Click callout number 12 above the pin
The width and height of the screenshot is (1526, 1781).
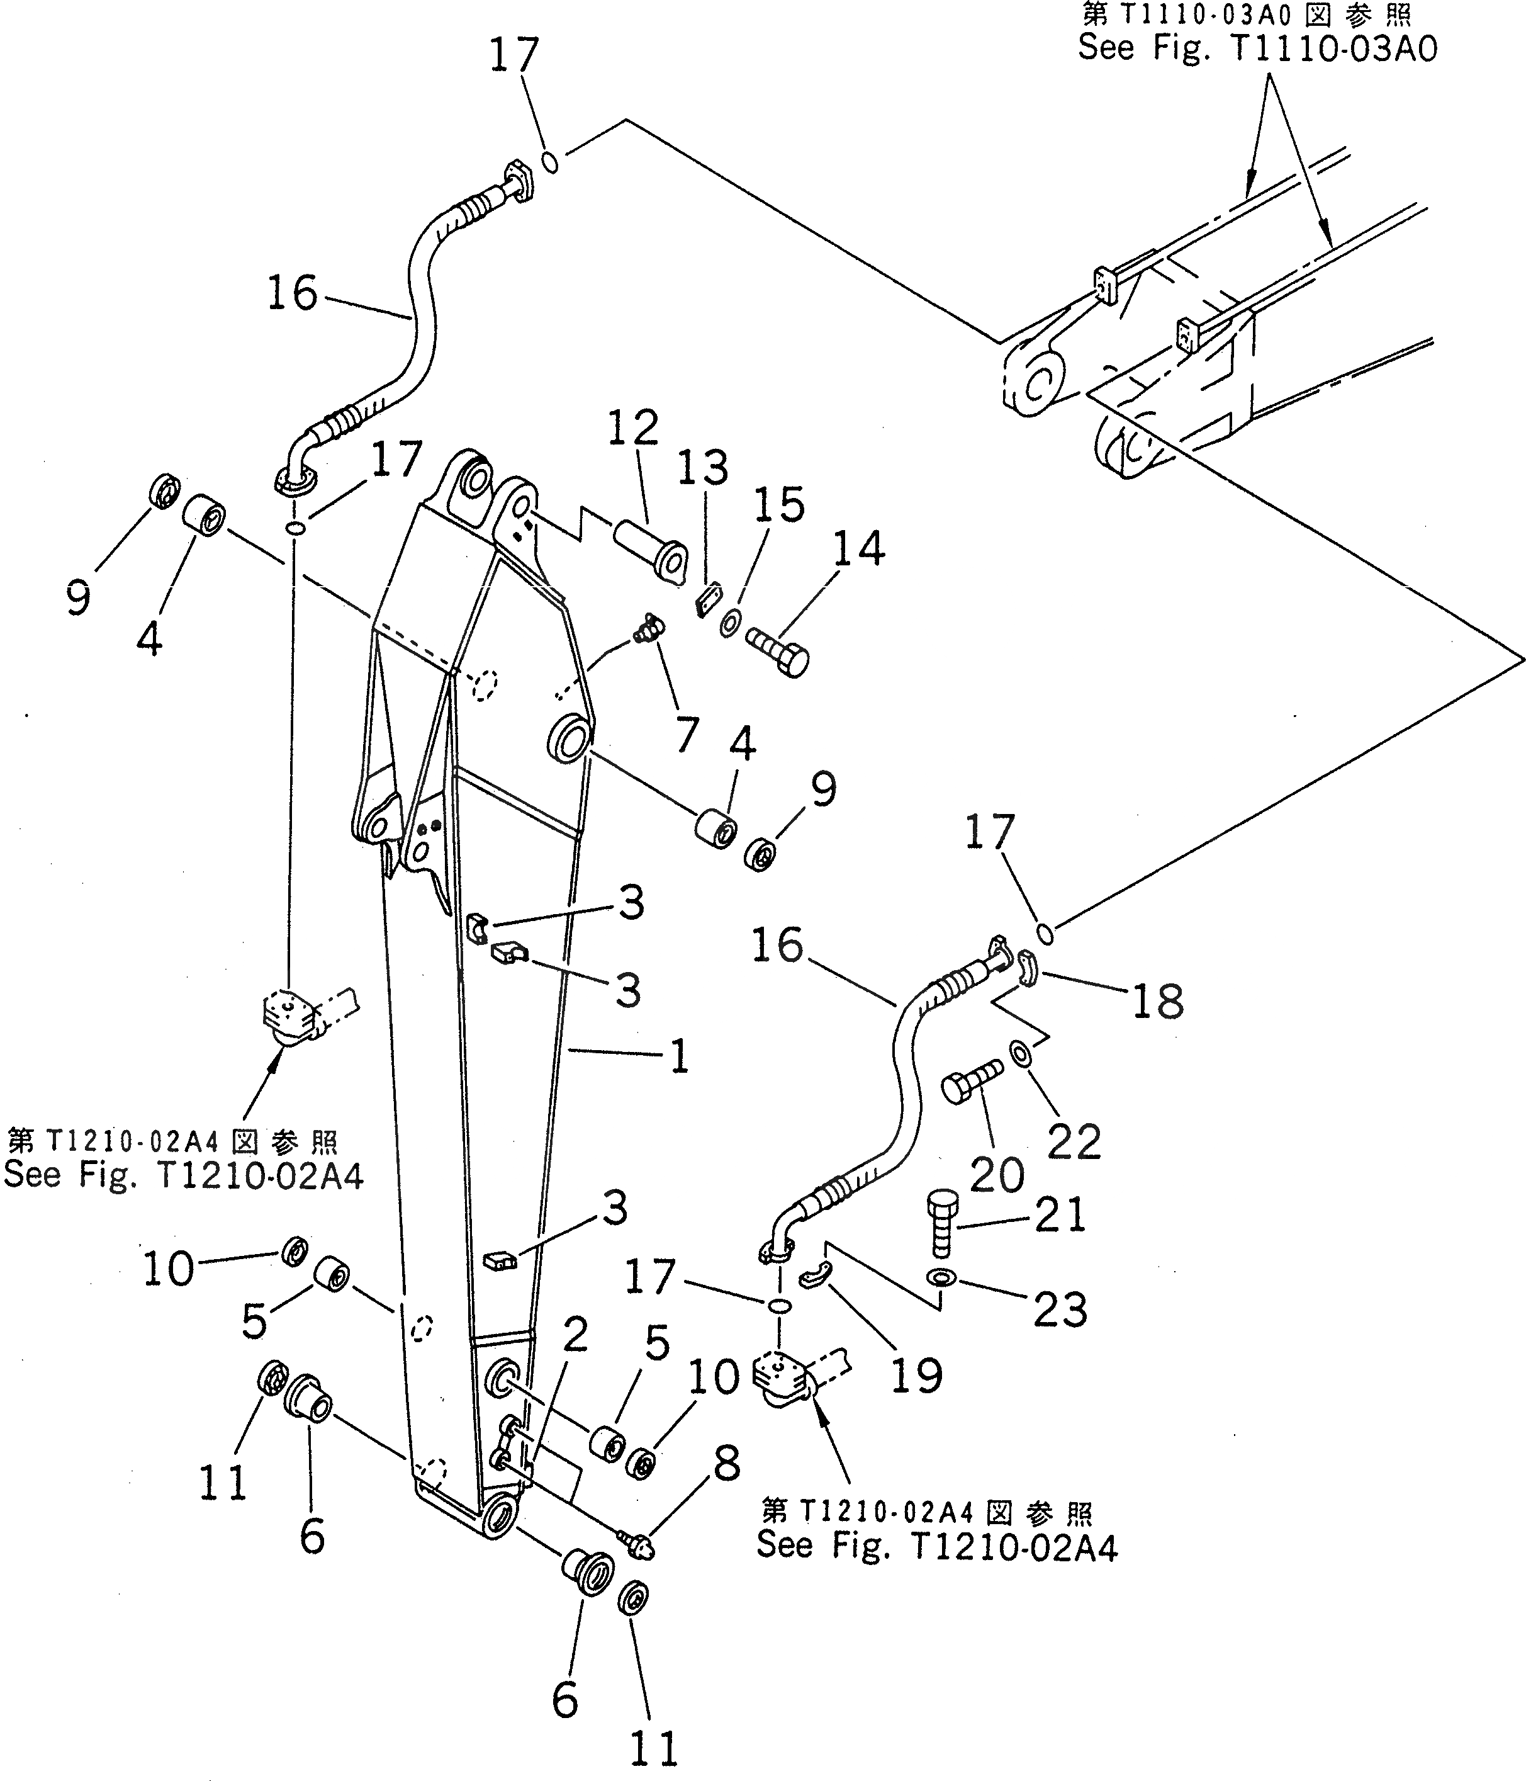(633, 428)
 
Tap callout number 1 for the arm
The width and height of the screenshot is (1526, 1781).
(680, 1056)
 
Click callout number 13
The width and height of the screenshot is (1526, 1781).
(703, 469)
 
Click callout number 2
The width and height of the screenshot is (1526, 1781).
(574, 1337)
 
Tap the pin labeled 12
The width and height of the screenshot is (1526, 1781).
(649, 551)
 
